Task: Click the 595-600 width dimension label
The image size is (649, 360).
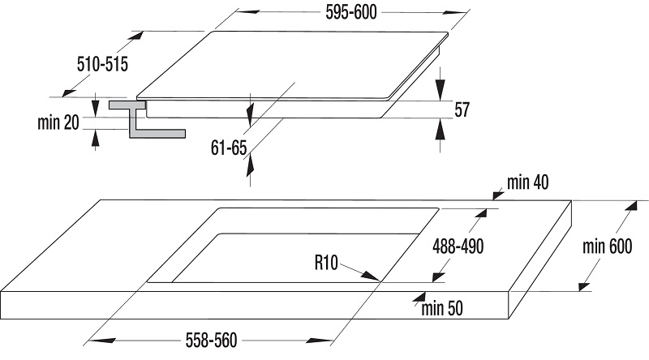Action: click(x=351, y=12)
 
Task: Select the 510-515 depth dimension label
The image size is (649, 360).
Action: click(x=103, y=64)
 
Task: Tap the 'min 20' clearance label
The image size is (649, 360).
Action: click(x=58, y=122)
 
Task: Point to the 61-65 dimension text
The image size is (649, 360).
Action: click(x=229, y=148)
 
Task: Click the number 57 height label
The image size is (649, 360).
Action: click(x=462, y=109)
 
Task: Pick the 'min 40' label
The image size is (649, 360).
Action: click(x=528, y=182)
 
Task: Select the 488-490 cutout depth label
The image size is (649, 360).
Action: click(x=458, y=246)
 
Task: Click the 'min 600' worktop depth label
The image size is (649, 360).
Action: click(x=607, y=246)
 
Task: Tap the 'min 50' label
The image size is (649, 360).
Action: click(x=442, y=308)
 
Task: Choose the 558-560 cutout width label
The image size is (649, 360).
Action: click(x=211, y=341)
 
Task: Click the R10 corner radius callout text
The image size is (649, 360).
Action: click(x=326, y=263)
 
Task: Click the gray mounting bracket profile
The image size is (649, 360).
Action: click(x=147, y=119)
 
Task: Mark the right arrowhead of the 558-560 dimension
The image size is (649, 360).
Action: click(x=320, y=341)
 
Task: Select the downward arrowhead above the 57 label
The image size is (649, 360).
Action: click(x=441, y=88)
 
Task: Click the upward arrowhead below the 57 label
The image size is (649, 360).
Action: click(x=441, y=130)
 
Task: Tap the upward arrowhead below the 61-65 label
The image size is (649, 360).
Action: click(x=250, y=166)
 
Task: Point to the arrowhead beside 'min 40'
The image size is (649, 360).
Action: click(x=498, y=194)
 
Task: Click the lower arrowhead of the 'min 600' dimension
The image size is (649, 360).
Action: click(x=584, y=286)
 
